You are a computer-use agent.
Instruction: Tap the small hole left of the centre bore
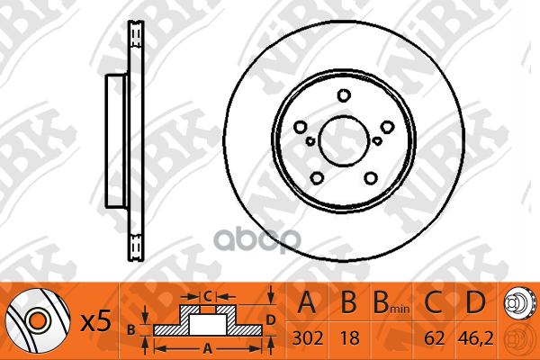(x=310, y=141)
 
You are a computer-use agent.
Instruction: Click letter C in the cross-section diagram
(x=207, y=295)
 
